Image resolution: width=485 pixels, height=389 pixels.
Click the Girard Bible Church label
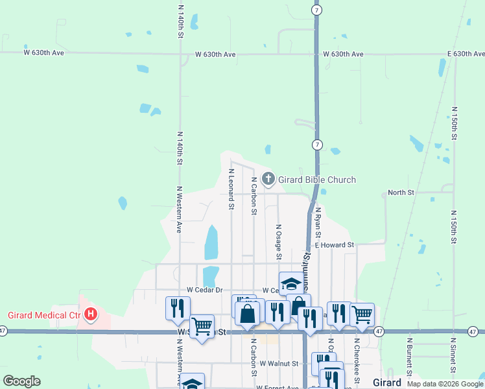pos(318,180)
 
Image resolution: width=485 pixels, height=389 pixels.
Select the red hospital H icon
pos(91,316)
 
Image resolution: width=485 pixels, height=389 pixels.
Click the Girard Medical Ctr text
pos(44,316)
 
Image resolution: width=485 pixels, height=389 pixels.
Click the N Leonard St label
pos(231,189)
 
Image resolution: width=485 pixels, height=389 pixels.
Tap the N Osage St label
pos(279,242)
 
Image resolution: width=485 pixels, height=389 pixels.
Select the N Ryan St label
pos(318,224)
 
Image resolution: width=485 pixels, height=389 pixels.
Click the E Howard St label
pos(334,245)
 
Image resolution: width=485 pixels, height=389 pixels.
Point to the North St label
pos(400,193)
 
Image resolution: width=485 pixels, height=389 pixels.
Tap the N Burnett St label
pos(410,356)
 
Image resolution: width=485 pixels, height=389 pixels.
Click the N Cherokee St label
pos(357,357)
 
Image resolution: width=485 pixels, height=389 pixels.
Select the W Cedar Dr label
pos(204,290)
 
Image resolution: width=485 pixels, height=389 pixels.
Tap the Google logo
pos(21,381)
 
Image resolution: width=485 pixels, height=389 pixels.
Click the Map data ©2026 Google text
pos(444,384)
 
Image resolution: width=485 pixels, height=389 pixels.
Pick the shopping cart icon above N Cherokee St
pos(362,314)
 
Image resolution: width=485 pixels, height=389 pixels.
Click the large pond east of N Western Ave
pos(211,242)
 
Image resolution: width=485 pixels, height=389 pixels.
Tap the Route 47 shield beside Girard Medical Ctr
pos(3,331)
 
